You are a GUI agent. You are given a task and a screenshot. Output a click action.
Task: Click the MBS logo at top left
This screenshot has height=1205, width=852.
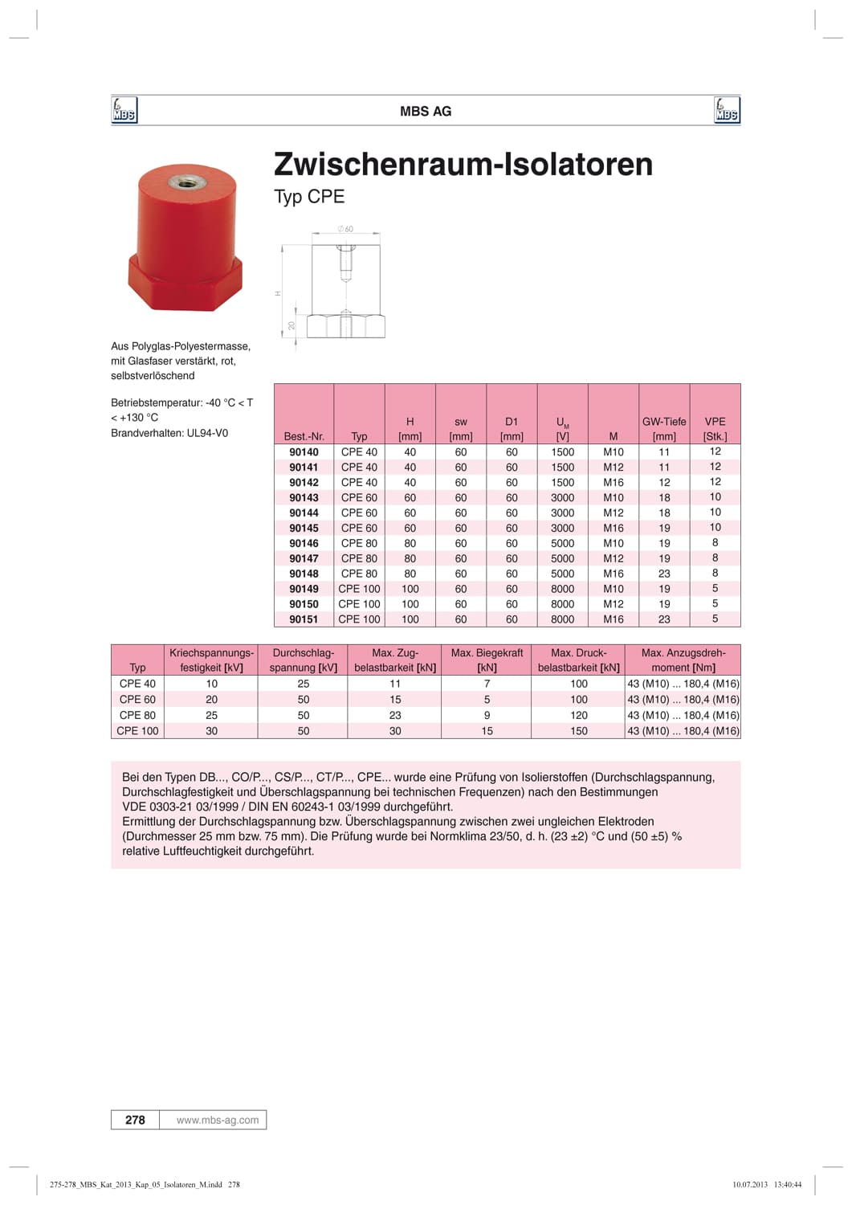coord(124,110)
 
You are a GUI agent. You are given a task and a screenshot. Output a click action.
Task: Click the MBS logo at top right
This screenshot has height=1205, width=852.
coord(726,110)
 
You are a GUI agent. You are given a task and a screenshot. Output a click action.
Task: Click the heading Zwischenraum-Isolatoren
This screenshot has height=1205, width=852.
coord(463,164)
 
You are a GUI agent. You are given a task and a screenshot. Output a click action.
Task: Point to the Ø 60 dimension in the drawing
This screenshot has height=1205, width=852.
coord(346,229)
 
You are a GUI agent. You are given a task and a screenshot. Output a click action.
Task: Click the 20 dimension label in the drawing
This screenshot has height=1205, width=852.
coord(292,325)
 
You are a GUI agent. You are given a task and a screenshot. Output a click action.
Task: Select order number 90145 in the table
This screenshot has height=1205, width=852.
coord(304,528)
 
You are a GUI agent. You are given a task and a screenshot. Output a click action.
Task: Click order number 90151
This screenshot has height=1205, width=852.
coord(304,619)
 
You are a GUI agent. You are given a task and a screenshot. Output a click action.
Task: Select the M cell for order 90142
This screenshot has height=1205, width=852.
coord(614,482)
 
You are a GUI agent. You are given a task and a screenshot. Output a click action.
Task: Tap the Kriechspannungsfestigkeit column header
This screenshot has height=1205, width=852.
coord(211,660)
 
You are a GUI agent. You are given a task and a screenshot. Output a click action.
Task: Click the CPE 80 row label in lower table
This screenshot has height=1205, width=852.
coord(137,715)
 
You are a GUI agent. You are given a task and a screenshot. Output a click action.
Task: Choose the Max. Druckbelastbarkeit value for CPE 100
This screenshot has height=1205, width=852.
coord(579,731)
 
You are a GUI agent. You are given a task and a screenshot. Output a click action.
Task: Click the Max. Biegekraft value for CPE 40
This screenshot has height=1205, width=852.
coord(487,684)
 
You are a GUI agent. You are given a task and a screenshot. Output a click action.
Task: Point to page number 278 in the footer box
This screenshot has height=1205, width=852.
coord(135,1120)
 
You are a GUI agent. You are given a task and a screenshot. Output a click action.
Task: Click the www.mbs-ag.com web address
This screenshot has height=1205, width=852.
coord(218,1120)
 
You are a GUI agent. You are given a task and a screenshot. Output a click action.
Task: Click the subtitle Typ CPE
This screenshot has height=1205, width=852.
coord(309,197)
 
